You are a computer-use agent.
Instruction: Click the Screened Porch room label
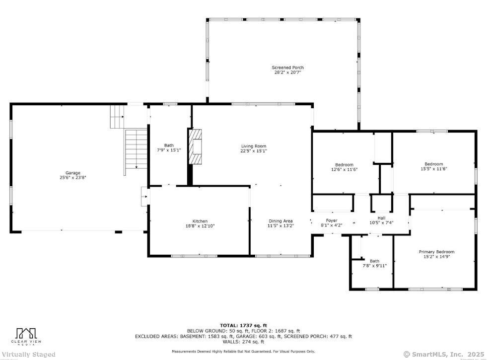287,68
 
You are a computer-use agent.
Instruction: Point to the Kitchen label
200,221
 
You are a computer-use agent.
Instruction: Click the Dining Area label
280,221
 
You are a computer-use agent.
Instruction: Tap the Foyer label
332,220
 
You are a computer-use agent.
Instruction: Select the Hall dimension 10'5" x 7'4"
381,222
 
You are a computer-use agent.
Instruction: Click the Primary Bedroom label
436,252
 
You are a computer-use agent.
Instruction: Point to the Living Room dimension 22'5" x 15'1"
253,151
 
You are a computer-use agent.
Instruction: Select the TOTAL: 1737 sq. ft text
243,325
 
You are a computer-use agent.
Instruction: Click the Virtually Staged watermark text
28,355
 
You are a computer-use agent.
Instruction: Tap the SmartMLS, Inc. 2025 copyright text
444,354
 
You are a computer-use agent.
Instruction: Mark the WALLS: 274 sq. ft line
243,342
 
